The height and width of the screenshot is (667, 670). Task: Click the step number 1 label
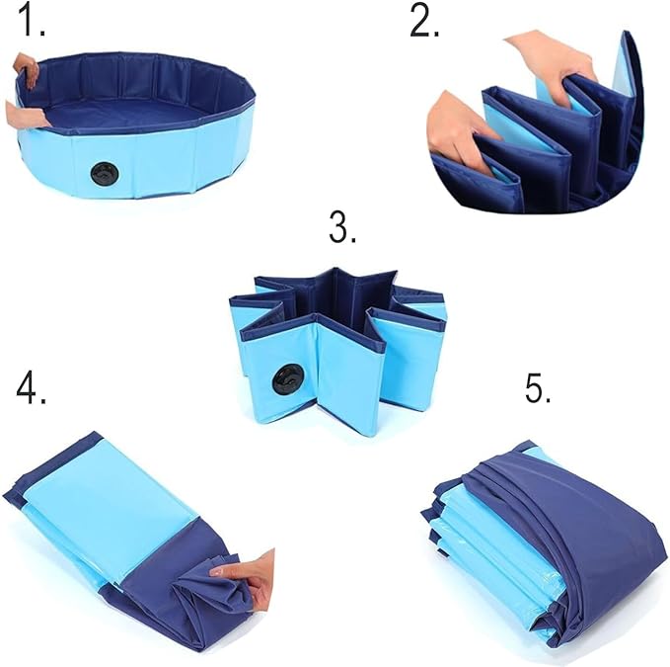pos(32,20)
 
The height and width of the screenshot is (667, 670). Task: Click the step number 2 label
pos(424,20)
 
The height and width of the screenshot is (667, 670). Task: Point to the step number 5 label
pos(538,387)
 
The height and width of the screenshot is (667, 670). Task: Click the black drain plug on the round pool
pos(106,173)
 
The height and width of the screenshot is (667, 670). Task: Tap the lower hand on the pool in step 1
pos(27,115)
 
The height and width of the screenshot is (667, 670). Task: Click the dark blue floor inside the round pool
pos(128,117)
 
